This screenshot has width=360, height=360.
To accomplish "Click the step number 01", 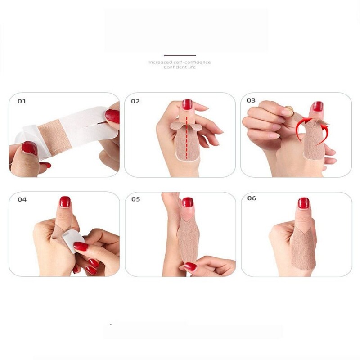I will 22,101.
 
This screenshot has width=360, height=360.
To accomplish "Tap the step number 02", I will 135,101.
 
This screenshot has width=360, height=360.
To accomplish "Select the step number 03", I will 251,100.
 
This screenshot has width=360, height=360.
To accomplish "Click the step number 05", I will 136,199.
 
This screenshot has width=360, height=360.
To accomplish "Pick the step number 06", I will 252,198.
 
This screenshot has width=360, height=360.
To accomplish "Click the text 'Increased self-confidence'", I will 180,62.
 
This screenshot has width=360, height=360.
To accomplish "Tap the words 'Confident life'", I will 180,67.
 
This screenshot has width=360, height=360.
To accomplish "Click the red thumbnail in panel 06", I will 304,203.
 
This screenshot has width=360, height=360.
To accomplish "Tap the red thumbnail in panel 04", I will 65,202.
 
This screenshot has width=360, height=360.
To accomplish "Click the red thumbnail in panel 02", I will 187,104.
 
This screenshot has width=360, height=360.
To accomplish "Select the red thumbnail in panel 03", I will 318,106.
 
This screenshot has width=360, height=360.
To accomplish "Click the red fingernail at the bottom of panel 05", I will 191,266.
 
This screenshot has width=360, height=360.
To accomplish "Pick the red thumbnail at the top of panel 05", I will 188,202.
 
